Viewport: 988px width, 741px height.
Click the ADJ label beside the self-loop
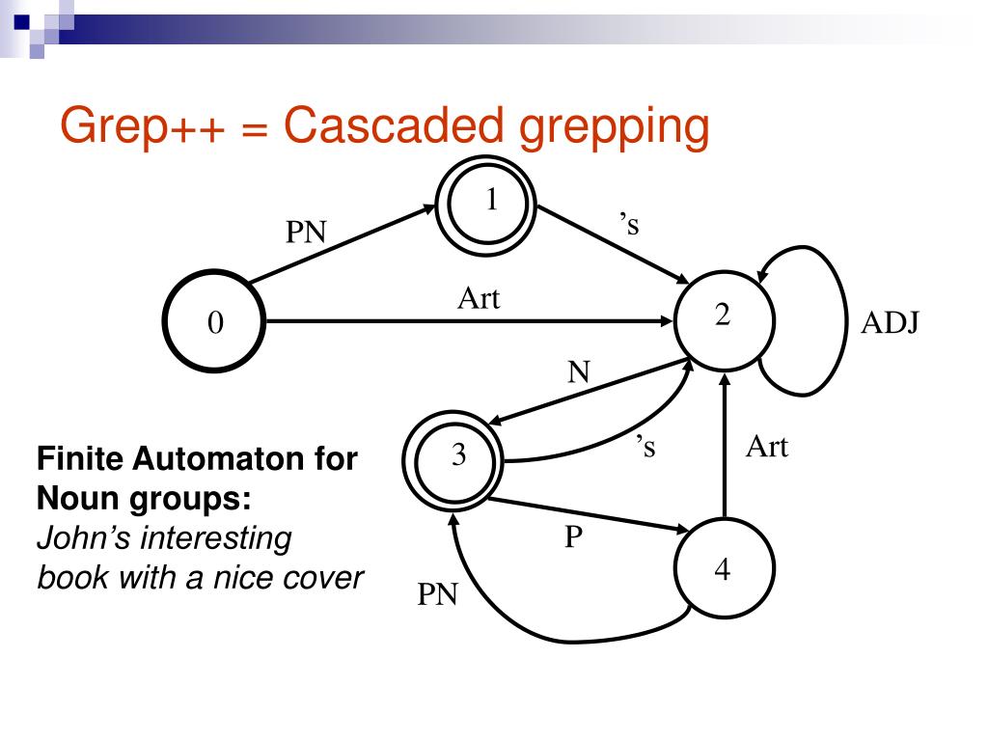pos(890,322)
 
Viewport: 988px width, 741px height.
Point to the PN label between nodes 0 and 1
pos(306,232)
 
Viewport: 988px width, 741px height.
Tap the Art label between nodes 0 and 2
pos(479,298)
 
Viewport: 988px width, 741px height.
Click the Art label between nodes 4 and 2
pos(767,447)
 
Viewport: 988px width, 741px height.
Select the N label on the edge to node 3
pos(579,371)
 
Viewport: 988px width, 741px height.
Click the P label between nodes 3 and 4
pos(573,536)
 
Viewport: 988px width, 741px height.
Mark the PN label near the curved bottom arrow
pos(437,593)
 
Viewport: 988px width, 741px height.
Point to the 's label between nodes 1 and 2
pos(629,223)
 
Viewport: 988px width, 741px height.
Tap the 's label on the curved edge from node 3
pos(645,446)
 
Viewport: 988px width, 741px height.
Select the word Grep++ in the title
pos(142,127)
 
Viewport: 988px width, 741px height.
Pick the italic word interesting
pos(215,539)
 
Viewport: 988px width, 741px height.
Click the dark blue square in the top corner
pos(21,21)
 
